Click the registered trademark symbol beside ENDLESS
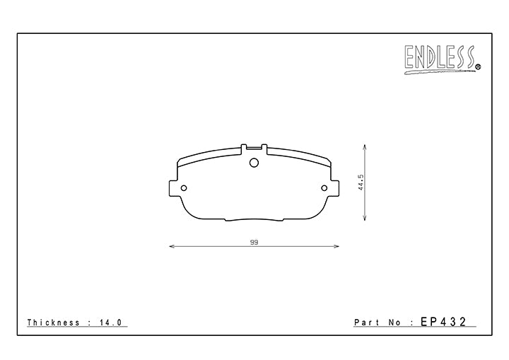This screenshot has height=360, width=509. (478, 67)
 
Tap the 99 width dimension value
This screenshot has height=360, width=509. (253, 242)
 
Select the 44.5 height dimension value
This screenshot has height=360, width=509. (360, 182)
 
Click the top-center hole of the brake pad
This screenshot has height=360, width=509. (255, 162)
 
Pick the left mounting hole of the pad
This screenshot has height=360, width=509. (184, 188)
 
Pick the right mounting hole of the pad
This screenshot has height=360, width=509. (325, 188)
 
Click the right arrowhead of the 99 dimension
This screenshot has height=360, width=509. (337, 247)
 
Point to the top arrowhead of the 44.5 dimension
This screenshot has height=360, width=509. (365, 147)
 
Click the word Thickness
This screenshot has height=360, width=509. (54, 323)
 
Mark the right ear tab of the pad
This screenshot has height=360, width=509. (334, 187)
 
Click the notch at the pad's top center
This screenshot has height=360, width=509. (255, 149)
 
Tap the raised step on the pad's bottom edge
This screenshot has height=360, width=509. (254, 219)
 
